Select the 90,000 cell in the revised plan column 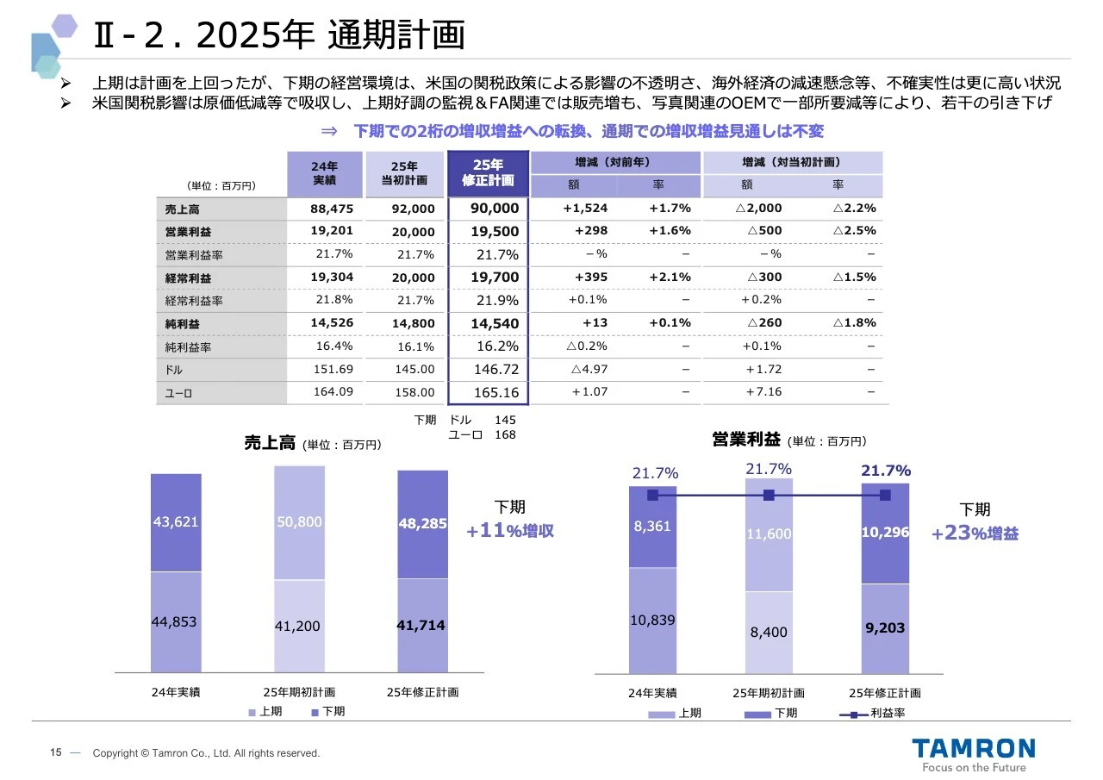coord(495,209)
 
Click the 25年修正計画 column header coord(488,173)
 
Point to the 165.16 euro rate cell coord(496,392)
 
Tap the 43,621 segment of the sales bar coord(176,522)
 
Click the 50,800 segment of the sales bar coord(299,522)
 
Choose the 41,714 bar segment coord(421,625)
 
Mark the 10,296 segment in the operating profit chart coord(885,533)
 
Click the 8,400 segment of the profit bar coord(769,632)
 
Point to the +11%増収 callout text coord(509,531)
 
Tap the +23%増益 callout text coord(975,534)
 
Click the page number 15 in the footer coord(55,752)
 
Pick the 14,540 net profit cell coord(495,323)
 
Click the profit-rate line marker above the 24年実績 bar coord(652,496)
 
